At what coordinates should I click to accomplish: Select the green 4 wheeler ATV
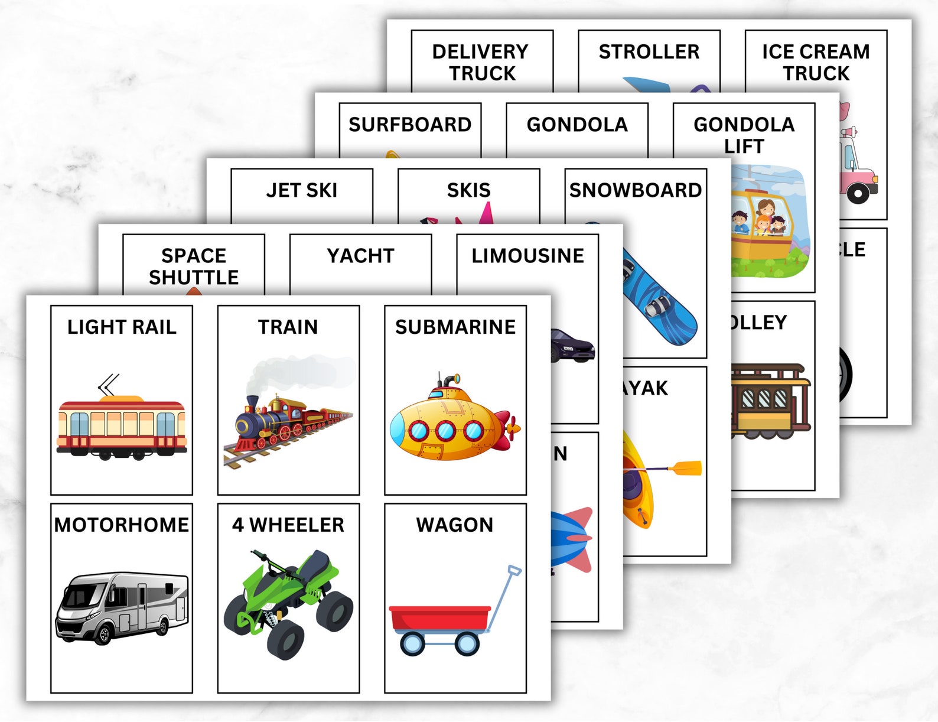click(288, 603)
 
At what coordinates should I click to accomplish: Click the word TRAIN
click(288, 327)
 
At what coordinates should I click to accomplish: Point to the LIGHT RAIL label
click(122, 327)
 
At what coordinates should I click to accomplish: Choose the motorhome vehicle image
click(122, 606)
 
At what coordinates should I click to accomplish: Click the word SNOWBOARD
click(636, 190)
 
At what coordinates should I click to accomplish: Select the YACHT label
click(360, 256)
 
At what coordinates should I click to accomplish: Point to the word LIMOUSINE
click(527, 256)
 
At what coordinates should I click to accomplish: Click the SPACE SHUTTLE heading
click(194, 266)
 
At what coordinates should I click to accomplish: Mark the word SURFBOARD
click(410, 125)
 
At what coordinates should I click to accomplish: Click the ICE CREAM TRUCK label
click(816, 63)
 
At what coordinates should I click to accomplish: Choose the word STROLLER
click(649, 52)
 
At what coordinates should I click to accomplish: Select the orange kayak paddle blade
click(688, 468)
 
